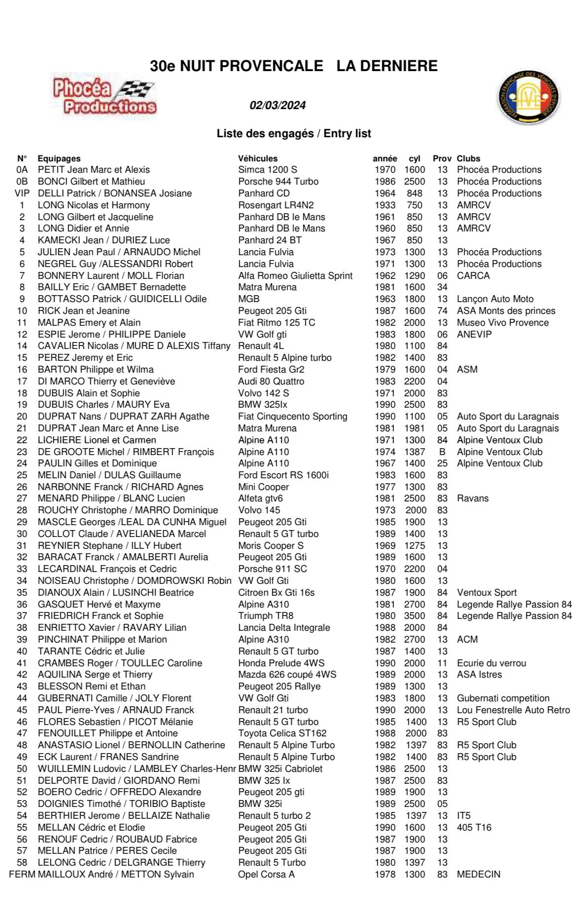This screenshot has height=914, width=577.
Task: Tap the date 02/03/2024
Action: coord(278,105)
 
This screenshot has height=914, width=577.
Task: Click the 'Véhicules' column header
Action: coord(257,158)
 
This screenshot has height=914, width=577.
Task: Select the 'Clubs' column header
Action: coord(468,158)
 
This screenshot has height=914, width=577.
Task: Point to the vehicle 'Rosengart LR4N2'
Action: coord(276,205)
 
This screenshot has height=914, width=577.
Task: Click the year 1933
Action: coord(385,205)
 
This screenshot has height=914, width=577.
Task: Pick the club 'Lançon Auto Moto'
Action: coord(495,299)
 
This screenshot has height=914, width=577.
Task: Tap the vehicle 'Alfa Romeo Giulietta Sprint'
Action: coord(295,275)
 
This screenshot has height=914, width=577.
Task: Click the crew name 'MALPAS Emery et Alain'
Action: coord(89,322)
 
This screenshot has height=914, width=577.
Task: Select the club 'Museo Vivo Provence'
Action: coord(503,322)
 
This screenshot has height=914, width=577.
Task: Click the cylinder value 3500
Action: coord(414,616)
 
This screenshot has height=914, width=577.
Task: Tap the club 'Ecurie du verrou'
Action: coord(491,663)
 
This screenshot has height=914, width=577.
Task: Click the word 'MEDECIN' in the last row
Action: coord(478,875)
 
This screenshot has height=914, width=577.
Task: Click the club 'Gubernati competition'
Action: coord(503,698)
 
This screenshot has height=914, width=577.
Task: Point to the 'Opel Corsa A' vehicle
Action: coord(266,875)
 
